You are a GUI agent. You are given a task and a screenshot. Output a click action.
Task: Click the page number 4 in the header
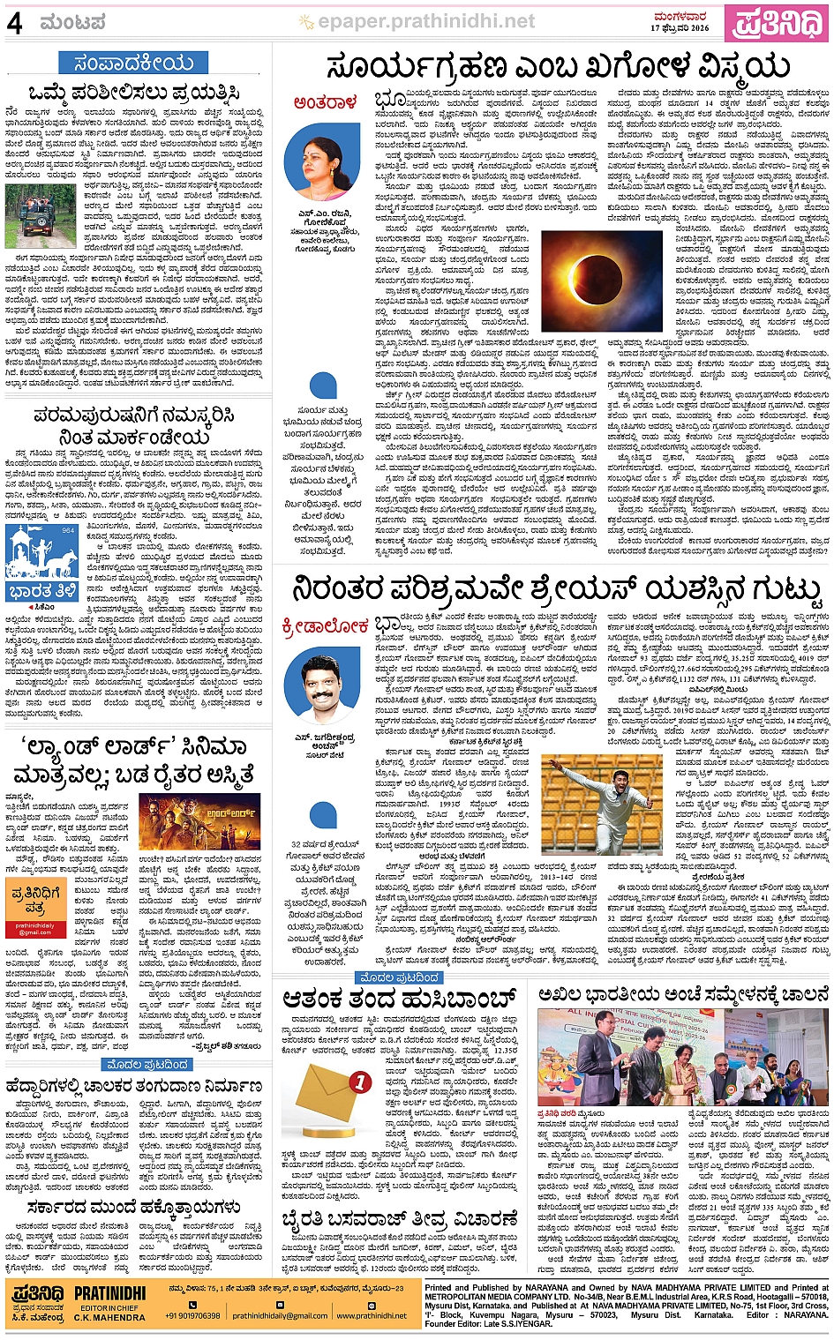coord(14,23)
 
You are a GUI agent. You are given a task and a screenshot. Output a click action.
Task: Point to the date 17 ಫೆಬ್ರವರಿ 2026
coord(680,28)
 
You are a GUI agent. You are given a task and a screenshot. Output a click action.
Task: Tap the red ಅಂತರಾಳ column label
coord(326,103)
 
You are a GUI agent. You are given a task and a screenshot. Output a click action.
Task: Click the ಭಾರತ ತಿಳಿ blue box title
coord(41,590)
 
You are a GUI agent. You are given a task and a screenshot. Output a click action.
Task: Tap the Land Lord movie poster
coord(199,821)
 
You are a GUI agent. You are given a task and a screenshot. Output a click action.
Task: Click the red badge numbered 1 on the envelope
coord(360,1082)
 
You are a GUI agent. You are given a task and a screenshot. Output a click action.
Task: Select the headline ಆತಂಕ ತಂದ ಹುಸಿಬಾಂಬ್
coord(399,999)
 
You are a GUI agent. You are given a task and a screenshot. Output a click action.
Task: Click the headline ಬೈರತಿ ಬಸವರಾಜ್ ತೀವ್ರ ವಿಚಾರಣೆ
coord(399,1220)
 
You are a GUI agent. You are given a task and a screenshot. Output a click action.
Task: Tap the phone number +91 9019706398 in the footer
coord(192,1315)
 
